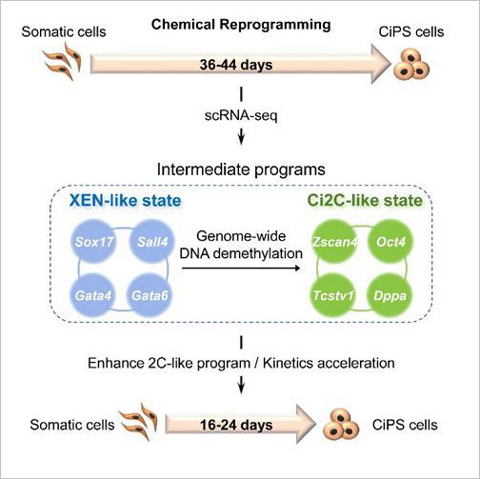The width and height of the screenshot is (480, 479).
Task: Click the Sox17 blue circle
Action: pyautogui.click(x=93, y=242)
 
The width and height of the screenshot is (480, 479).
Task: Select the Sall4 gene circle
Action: pyautogui.click(x=152, y=242)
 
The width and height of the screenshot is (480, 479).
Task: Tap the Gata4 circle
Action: pyautogui.click(x=93, y=295)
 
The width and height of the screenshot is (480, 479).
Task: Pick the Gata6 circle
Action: pyautogui.click(x=150, y=295)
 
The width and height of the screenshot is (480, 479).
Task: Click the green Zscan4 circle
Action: pyautogui.click(x=334, y=242)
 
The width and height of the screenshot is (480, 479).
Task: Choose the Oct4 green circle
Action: pyautogui.click(x=390, y=242)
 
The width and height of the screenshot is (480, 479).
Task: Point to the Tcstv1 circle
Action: pyautogui.click(x=332, y=295)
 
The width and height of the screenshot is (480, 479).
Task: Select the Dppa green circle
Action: pyautogui.click(x=390, y=295)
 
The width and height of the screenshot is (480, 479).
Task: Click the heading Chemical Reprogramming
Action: pyautogui.click(x=241, y=25)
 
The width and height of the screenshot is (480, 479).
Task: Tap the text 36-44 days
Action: pyautogui.click(x=236, y=65)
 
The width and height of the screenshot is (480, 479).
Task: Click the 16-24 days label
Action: pyautogui.click(x=236, y=425)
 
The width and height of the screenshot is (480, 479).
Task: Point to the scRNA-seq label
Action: pyautogui.click(x=241, y=115)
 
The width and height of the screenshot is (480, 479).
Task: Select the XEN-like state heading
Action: pyautogui.click(x=126, y=201)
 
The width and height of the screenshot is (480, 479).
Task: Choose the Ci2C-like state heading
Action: pyautogui.click(x=365, y=201)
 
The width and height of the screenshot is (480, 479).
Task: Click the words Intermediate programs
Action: pyautogui.click(x=241, y=170)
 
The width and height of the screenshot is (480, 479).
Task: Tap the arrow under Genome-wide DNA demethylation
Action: pyautogui.click(x=241, y=269)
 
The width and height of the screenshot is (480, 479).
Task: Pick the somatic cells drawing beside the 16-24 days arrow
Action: pyautogui.click(x=138, y=422)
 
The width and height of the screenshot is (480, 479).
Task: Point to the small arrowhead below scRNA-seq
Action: pyautogui.click(x=241, y=137)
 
